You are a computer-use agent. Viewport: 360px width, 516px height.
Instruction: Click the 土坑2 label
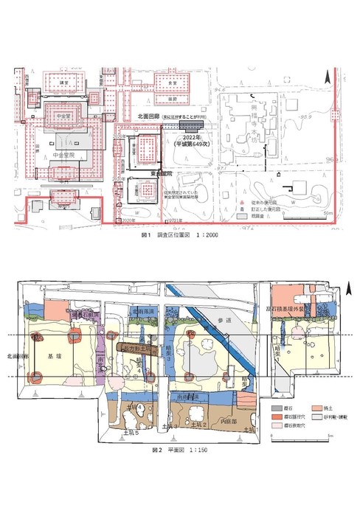tap(197, 425)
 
